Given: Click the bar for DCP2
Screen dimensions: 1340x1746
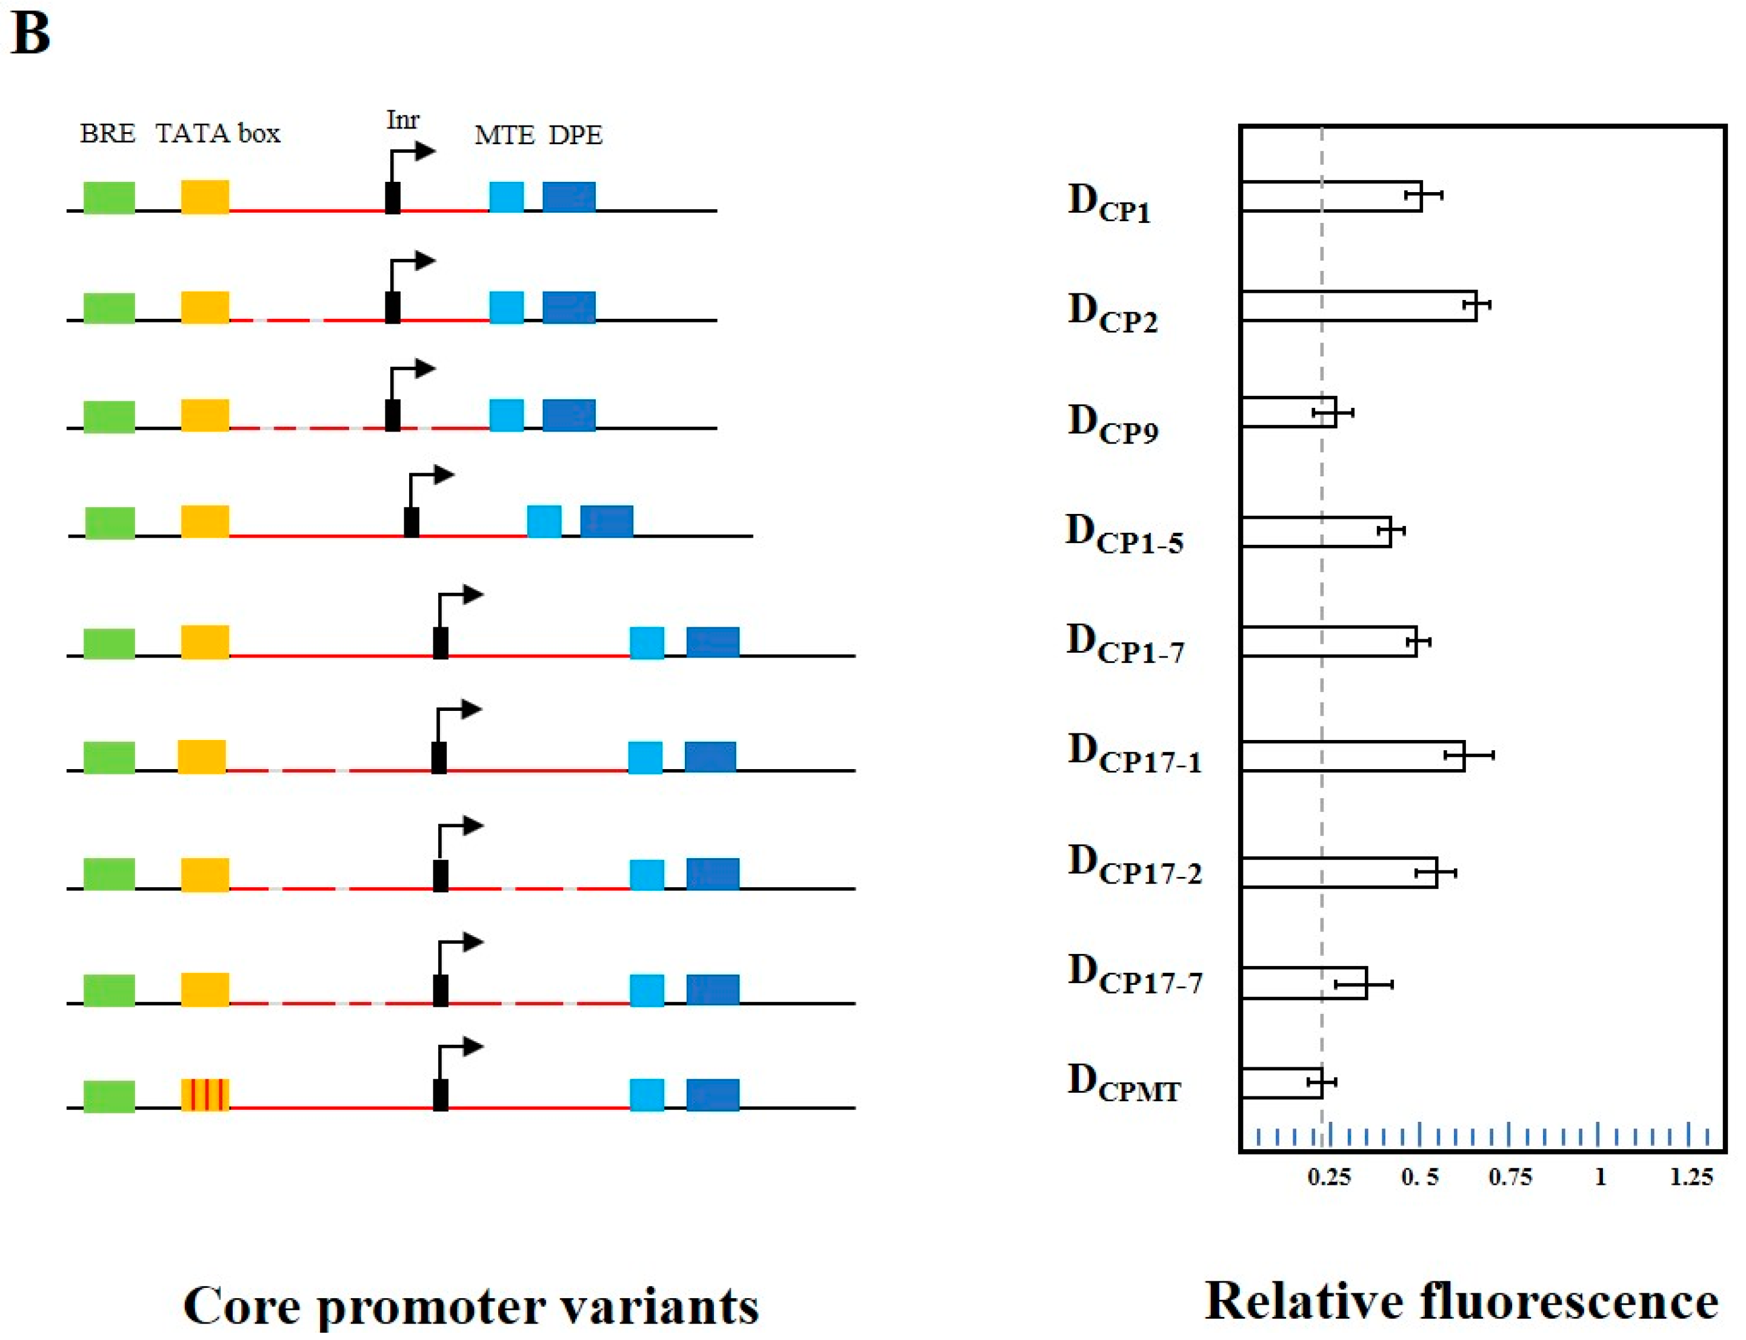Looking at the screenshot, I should (x=1358, y=305).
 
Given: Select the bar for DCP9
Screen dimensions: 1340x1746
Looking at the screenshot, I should (x=1288, y=412).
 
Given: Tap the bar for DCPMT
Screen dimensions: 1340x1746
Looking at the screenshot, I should (x=1281, y=1082).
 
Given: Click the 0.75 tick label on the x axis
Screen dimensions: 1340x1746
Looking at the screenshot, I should (x=1509, y=1178).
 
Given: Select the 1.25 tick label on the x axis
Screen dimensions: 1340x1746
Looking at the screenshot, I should (x=1691, y=1178).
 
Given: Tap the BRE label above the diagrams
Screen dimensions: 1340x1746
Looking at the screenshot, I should (x=108, y=133).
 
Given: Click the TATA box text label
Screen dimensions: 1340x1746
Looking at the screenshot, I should (x=218, y=133).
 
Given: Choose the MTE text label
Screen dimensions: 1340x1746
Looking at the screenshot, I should (x=504, y=136).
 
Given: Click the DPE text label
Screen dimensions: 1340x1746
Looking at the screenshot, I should (x=575, y=136).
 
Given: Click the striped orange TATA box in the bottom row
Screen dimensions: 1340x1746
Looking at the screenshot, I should (x=205, y=1095).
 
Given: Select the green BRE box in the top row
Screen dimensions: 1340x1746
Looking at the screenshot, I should (x=109, y=197).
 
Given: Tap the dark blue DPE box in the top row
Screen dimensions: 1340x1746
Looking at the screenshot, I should (x=568, y=197).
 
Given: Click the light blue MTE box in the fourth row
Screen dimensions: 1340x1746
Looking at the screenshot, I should (x=544, y=522).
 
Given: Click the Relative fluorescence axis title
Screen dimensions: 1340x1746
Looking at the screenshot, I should (x=1461, y=1302).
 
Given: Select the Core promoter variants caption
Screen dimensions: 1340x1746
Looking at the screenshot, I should (x=471, y=1305).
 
